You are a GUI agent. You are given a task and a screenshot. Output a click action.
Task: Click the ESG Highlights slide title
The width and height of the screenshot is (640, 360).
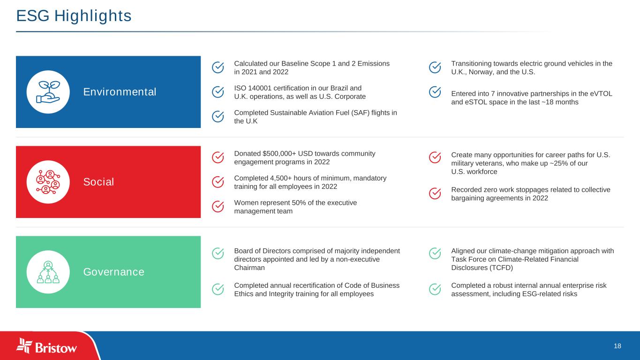click(x=74, y=16)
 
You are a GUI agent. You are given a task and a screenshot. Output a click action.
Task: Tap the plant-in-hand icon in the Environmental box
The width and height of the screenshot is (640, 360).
click(x=48, y=92)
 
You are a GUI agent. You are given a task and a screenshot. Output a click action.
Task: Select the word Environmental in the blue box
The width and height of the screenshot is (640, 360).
click(x=120, y=92)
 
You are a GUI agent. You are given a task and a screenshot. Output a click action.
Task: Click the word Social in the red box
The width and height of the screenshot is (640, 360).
click(x=98, y=182)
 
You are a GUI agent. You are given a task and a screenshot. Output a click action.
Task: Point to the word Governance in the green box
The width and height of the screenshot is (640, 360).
click(x=114, y=272)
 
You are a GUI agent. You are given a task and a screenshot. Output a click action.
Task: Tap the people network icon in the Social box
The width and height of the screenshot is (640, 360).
click(x=48, y=182)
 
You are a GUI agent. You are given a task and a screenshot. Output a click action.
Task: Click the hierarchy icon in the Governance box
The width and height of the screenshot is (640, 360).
click(x=48, y=272)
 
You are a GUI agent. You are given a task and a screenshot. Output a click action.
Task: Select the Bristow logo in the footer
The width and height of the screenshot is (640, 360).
click(x=46, y=346)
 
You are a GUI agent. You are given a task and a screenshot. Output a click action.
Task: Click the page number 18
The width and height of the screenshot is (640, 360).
click(x=617, y=346)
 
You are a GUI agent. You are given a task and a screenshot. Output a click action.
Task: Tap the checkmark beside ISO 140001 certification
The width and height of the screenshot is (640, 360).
click(x=218, y=92)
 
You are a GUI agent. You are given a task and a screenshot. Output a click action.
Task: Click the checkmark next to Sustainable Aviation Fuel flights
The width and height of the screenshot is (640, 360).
click(x=218, y=117)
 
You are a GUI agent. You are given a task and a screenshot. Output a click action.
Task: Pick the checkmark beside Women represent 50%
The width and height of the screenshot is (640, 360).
click(x=218, y=207)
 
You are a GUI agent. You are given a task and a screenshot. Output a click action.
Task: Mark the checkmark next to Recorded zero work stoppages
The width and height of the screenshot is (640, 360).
click(x=435, y=194)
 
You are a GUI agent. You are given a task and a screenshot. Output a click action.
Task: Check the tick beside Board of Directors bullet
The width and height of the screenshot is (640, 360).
click(x=218, y=254)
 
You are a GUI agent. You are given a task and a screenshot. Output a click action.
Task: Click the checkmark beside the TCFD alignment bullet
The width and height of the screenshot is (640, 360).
click(x=435, y=254)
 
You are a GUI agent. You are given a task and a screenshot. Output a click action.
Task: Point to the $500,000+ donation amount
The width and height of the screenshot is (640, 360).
click(x=279, y=154)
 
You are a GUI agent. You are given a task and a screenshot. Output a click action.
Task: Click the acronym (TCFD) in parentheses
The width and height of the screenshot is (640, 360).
click(x=501, y=268)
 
